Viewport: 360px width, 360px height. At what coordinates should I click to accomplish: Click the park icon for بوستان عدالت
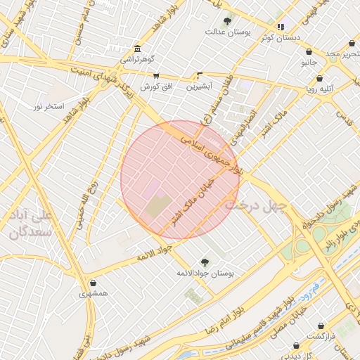[x=227, y=22]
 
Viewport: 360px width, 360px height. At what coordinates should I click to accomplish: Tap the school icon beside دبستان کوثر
[x=281, y=27]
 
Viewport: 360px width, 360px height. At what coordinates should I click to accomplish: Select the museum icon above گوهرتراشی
[x=136, y=50]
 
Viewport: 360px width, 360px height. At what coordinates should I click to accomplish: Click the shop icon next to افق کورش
[x=156, y=76]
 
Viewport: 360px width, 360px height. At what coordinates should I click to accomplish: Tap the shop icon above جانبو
[x=309, y=51]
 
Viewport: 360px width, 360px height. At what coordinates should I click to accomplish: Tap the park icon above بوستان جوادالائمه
[x=205, y=262]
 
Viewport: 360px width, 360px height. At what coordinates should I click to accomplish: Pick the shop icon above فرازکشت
[x=321, y=326]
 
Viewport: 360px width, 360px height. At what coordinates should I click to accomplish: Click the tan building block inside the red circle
[x=158, y=207]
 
